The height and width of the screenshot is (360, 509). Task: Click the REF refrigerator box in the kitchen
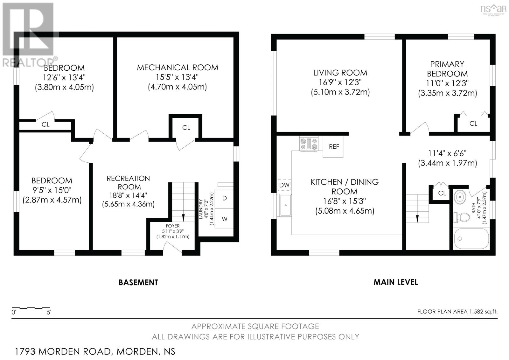click(333, 147)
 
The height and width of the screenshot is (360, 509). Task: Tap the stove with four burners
click(309, 143)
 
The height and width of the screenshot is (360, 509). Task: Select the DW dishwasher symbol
click(284, 185)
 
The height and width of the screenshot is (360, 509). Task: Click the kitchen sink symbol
click(285, 205)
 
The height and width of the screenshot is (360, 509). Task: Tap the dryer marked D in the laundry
click(224, 198)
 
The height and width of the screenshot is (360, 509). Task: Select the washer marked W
click(224, 219)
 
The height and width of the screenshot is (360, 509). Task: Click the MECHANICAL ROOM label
click(178, 67)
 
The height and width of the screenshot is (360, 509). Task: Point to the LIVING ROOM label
click(340, 73)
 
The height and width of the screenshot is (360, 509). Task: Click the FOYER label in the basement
click(172, 226)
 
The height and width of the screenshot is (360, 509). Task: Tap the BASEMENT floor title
click(138, 282)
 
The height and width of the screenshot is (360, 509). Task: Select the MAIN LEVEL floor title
click(395, 282)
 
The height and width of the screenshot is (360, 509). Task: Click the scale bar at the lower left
click(31, 308)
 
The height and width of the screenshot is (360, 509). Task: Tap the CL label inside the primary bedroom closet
click(473, 124)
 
